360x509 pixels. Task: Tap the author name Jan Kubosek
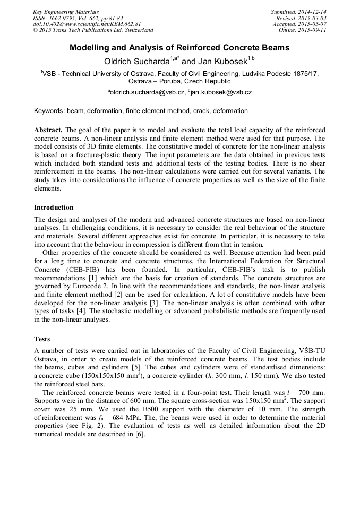coord(222,62)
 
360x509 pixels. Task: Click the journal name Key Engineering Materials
coord(66,11)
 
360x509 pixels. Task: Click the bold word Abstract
coord(48,130)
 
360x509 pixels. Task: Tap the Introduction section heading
coord(54,207)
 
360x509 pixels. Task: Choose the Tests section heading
coord(42,338)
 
